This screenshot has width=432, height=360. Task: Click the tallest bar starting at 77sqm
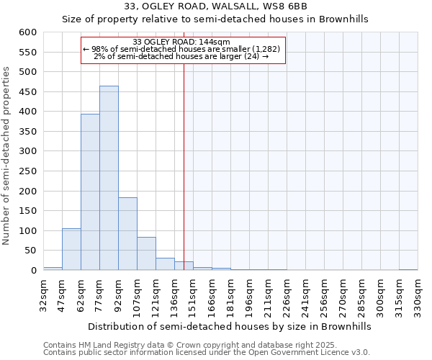(x=109, y=178)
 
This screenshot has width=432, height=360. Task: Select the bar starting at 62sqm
(x=90, y=192)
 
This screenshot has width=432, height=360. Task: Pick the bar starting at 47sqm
(x=71, y=249)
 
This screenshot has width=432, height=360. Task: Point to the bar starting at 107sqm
(x=146, y=253)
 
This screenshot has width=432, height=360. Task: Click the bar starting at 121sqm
(x=165, y=264)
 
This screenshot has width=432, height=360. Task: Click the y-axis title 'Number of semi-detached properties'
(x=7, y=156)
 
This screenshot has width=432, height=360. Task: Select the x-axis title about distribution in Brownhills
(x=230, y=326)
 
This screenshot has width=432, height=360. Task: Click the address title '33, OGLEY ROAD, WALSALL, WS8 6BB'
(x=215, y=6)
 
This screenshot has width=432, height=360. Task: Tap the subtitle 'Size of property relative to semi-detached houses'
(x=215, y=19)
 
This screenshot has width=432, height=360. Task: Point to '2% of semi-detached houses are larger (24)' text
(x=181, y=56)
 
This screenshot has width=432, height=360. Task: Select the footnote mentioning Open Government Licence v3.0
(x=207, y=353)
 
